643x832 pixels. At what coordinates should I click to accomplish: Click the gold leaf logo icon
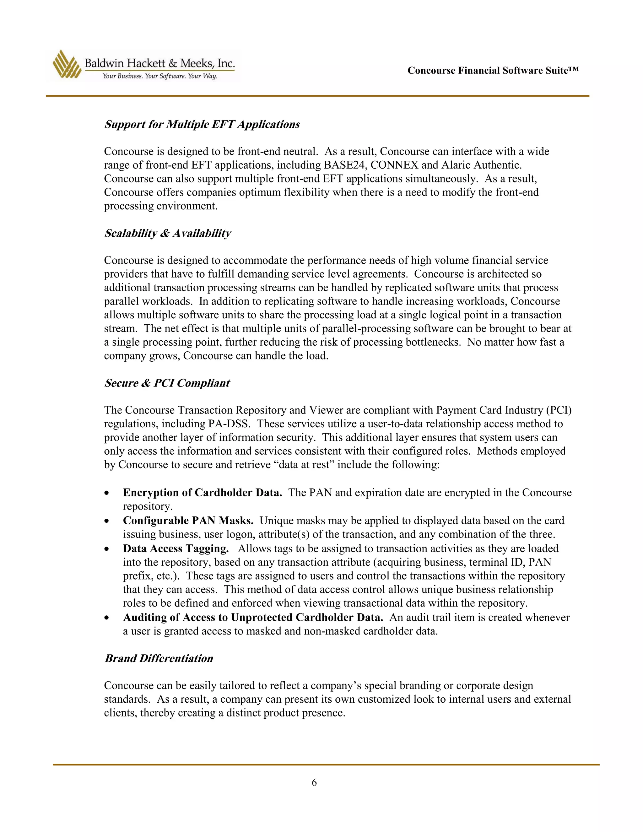coord(67,64)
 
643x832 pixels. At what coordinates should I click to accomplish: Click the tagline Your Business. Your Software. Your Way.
coord(160,76)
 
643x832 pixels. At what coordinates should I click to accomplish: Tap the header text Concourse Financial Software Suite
coord(493,70)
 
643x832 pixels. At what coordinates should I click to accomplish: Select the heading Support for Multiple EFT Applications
coord(202,125)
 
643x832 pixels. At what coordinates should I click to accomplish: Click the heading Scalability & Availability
coord(168,233)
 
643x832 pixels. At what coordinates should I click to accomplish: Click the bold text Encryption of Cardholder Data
coord(202,493)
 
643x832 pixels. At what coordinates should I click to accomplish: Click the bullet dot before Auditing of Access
coord(107,618)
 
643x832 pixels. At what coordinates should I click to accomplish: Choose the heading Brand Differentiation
coord(159,658)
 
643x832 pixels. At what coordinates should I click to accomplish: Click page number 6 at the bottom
coord(314,782)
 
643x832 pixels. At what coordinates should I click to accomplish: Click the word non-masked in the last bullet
coord(332,631)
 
